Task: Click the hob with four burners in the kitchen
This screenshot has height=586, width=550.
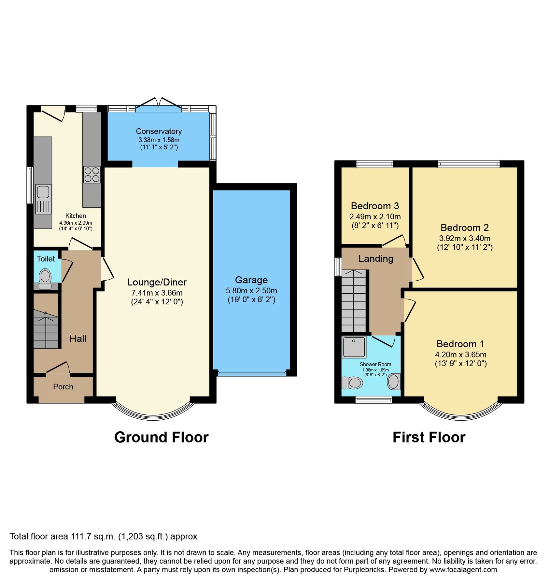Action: [92, 174]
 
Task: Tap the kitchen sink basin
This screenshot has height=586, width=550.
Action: [43, 192]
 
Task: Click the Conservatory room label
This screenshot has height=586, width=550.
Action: [159, 131]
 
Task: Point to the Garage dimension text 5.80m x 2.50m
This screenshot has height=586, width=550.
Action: [251, 291]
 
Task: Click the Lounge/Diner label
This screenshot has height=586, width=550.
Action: [157, 282]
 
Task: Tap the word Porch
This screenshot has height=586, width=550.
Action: [63, 387]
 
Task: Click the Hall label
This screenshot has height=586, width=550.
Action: [78, 339]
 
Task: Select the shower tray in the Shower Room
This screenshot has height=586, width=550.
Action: [354, 347]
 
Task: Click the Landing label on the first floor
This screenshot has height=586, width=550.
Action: [376, 258]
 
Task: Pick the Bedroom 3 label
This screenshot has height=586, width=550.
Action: [375, 206]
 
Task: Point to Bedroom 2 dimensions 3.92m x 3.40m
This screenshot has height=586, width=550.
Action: [465, 238]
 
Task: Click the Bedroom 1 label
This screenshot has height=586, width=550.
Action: [460, 344]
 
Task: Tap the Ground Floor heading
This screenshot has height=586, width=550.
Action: [161, 437]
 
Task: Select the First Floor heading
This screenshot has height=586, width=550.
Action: [429, 437]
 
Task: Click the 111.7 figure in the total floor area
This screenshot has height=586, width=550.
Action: [81, 537]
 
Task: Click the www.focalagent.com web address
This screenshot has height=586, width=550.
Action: [463, 570]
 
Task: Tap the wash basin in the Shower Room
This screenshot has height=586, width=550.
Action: [394, 382]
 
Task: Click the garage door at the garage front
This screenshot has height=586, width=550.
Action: [252, 373]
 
